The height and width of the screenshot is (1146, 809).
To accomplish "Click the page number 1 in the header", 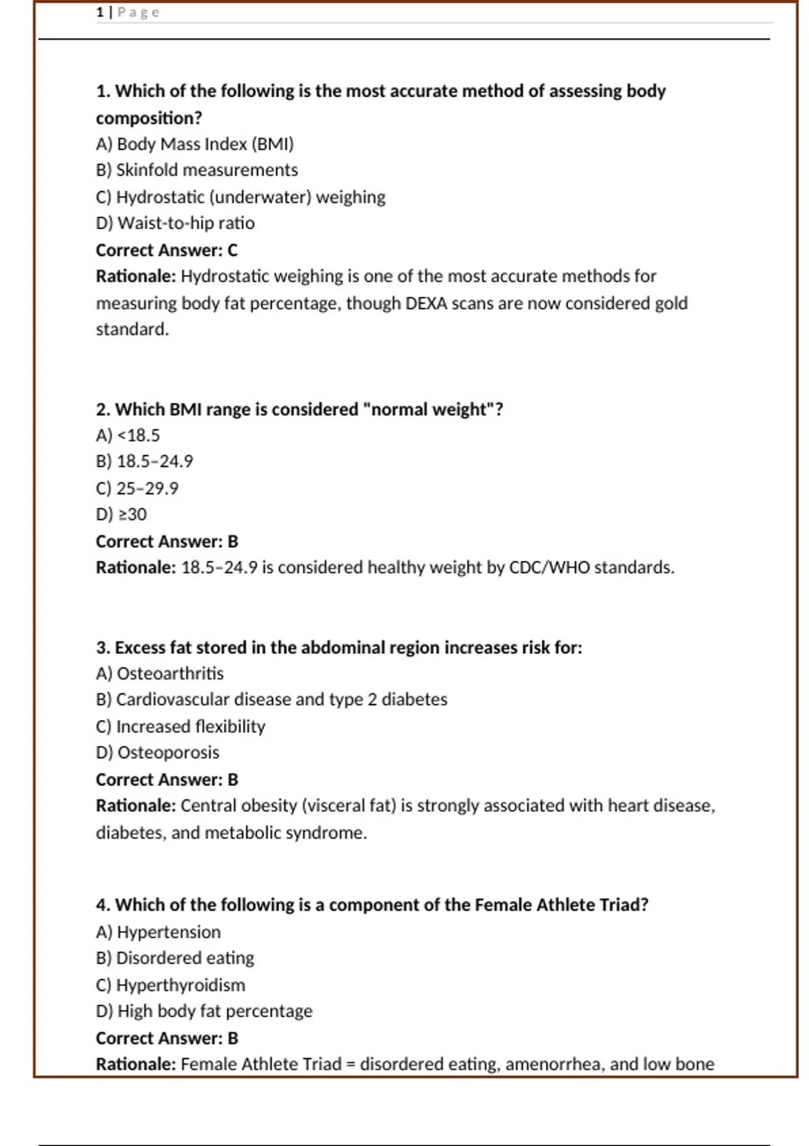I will (x=100, y=12).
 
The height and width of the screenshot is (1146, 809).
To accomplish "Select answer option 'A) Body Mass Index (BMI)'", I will (x=195, y=144).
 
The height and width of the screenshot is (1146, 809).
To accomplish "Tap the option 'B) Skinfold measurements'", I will (x=197, y=170).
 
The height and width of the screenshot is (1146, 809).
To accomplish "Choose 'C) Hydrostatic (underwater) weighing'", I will (x=241, y=197).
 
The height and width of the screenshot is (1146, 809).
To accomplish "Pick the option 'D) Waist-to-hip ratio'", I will (x=175, y=223).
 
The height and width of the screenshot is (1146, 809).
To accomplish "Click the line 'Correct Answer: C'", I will (x=167, y=250).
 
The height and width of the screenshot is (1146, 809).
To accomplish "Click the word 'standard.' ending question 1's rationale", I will (x=132, y=330).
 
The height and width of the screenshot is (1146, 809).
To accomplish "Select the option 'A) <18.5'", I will (x=128, y=435).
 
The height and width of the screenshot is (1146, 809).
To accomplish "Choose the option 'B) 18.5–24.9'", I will (x=144, y=462).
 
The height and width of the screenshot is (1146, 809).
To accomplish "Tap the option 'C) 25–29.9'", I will (x=137, y=488).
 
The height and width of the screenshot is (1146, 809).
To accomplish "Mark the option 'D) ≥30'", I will (x=121, y=514).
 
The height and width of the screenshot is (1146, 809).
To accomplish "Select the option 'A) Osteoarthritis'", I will (x=160, y=673).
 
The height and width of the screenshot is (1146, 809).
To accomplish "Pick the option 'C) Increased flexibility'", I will (x=181, y=727).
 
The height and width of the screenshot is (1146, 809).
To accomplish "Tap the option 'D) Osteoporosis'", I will (x=158, y=752).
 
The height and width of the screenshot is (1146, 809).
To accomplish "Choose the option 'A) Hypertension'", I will (x=158, y=932).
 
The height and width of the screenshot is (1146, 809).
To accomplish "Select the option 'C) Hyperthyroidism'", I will (x=171, y=985).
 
